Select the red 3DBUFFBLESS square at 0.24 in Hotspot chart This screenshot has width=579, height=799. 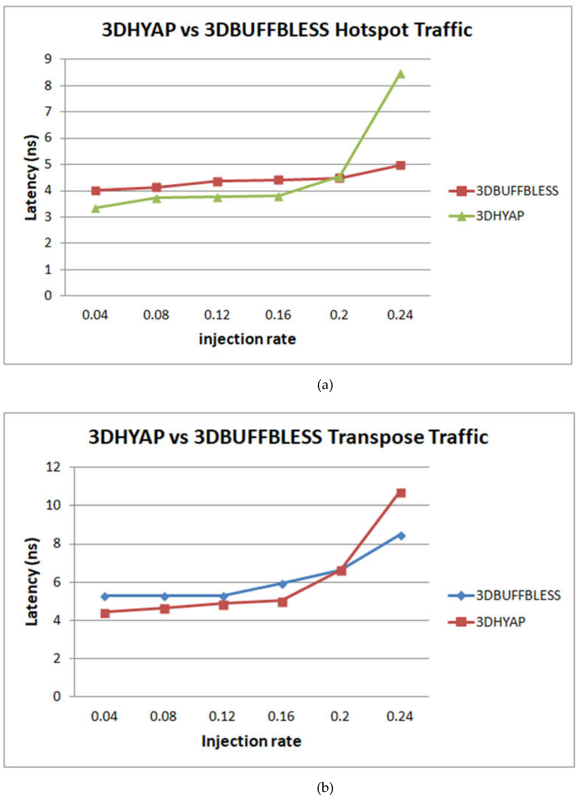point(401,165)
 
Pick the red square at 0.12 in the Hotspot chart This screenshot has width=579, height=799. point(218,181)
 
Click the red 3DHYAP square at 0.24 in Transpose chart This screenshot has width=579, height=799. point(401,493)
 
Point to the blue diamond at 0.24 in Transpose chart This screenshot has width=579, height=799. point(401,536)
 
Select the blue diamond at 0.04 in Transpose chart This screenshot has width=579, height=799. point(105,596)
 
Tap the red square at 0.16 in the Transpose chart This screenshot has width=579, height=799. point(282,602)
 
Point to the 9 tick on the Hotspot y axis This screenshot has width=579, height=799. point(48,59)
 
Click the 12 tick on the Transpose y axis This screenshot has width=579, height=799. point(53,467)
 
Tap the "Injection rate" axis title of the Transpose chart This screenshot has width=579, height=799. point(251,741)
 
